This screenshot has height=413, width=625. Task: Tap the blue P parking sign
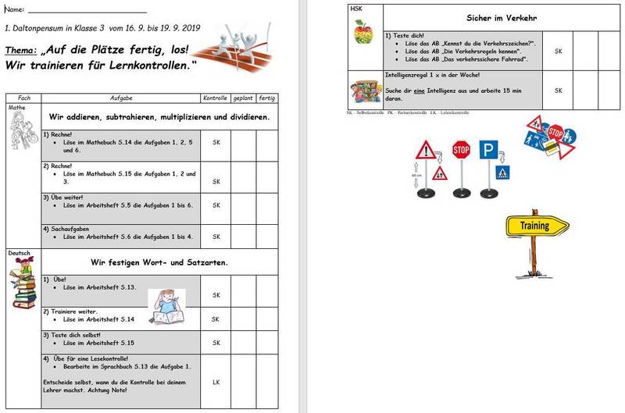489,151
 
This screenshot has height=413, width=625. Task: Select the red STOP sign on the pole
462,149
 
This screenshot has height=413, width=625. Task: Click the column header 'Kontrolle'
215,98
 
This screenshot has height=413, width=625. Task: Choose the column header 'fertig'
267,98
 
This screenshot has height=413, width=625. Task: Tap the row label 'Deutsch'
19,254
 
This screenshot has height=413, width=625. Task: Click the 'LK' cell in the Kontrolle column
216,382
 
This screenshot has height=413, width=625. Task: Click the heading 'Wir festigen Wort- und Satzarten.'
138,262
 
